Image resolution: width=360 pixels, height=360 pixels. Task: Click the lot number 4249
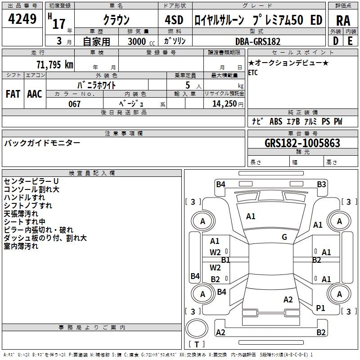pyautogui.click(x=22, y=19)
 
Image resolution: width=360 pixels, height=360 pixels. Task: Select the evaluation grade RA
pyautogui.click(x=343, y=21)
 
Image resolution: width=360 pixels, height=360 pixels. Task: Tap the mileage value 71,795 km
pyautogui.click(x=55, y=64)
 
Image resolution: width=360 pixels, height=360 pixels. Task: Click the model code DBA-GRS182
pyautogui.click(x=258, y=41)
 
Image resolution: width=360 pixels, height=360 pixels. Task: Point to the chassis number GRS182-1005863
pyautogui.click(x=302, y=143)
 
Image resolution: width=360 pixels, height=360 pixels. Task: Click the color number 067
pyautogui.click(x=74, y=104)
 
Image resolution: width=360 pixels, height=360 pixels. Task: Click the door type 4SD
pyautogui.click(x=174, y=20)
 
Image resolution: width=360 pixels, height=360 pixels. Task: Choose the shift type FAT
pyautogui.click(x=13, y=94)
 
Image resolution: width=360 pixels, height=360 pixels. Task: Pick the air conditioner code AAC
pyautogui.click(x=35, y=94)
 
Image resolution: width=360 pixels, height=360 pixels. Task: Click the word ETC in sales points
pyautogui.click(x=253, y=73)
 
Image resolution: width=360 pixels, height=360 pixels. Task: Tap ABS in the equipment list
pyautogui.click(x=276, y=121)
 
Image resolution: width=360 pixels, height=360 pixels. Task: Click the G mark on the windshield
pyautogui.click(x=284, y=237)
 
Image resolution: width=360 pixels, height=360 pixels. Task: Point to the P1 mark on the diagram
pyautogui.click(x=320, y=308)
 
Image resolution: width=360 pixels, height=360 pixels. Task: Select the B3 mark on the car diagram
pyautogui.click(x=321, y=184)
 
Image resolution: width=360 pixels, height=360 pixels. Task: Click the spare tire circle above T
pyautogui.click(x=197, y=328)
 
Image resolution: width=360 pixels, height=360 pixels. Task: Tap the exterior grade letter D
pyautogui.click(x=336, y=41)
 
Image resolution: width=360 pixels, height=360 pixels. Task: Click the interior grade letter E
pyautogui.click(x=350, y=41)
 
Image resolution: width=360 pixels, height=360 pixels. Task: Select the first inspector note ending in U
pyautogui.click(x=31, y=181)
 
